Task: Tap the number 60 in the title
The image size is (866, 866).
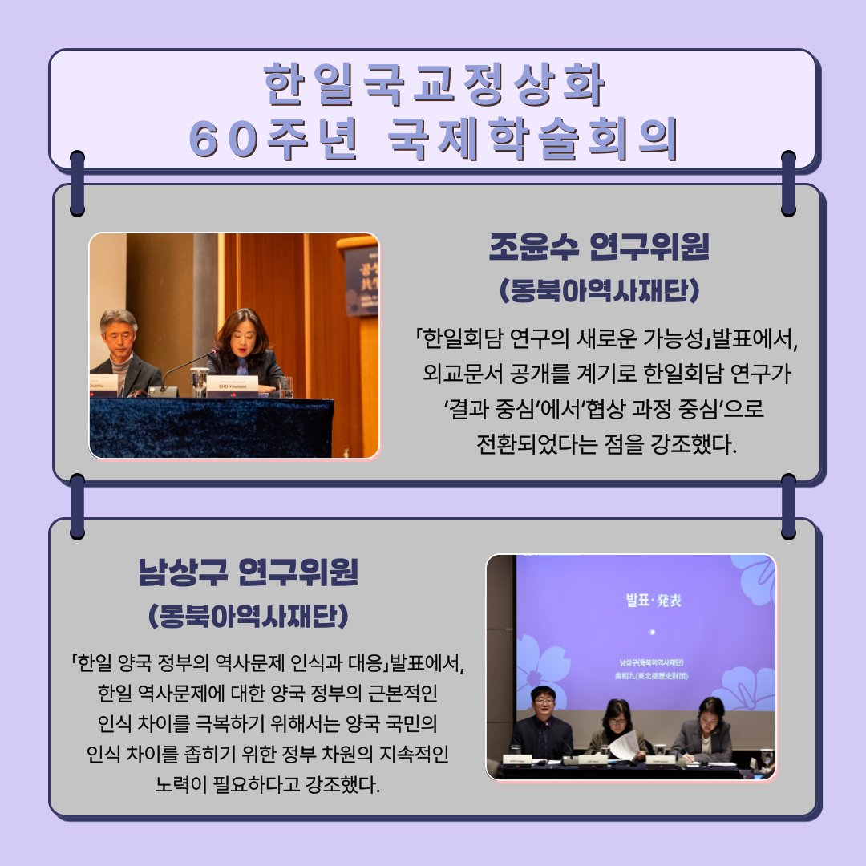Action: [x=217, y=138]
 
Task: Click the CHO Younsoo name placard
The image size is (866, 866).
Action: [x=233, y=386]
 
